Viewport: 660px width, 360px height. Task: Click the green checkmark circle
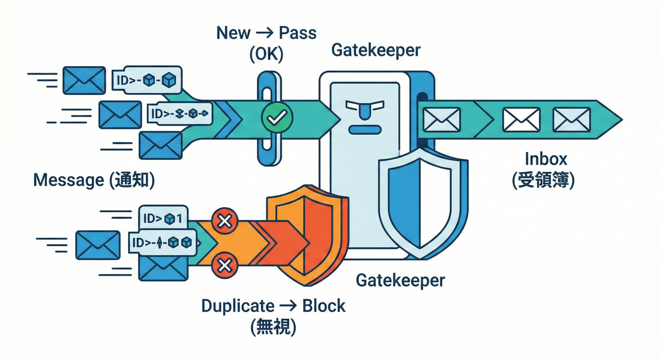pyautogui.click(x=277, y=118)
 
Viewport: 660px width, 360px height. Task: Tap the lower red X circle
pyautogui.click(x=225, y=266)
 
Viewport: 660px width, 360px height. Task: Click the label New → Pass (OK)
pyautogui.click(x=266, y=43)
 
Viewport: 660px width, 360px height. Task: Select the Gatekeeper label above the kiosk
pyautogui.click(x=376, y=50)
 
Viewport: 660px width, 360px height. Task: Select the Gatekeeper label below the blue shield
pyautogui.click(x=400, y=280)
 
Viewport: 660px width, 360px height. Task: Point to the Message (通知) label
pyautogui.click(x=94, y=180)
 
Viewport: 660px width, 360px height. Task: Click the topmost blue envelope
pyautogui.click(x=84, y=80)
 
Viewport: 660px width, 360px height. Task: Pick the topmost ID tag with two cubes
pyautogui.click(x=147, y=80)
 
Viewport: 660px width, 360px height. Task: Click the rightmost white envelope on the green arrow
pyautogui.click(x=571, y=120)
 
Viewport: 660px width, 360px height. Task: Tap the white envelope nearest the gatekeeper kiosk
pyautogui.click(x=442, y=120)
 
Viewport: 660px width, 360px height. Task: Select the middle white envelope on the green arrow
pyautogui.click(x=521, y=120)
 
